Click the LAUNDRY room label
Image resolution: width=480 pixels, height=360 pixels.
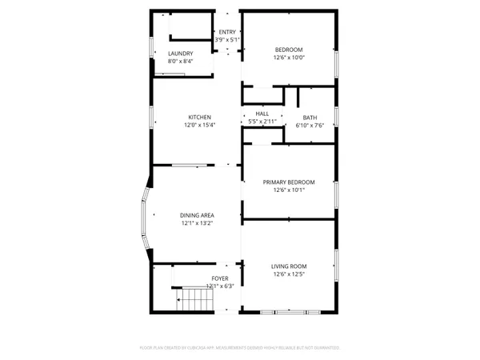(180, 54)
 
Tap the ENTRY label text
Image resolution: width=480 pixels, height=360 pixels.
(227, 32)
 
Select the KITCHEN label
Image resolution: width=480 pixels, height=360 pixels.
(199, 118)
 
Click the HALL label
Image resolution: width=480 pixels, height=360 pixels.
(262, 114)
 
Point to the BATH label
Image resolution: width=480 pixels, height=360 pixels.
(310, 118)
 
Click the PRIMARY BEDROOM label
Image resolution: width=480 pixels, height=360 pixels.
(289, 182)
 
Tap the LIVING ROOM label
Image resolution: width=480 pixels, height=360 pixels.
(289, 266)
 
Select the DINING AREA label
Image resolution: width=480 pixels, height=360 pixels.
(197, 215)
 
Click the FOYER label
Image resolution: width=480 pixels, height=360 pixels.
(220, 278)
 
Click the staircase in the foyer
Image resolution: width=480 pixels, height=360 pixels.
(196, 301)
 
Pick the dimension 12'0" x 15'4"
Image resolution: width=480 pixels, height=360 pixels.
(199, 126)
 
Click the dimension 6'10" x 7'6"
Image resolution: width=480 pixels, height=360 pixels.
(310, 126)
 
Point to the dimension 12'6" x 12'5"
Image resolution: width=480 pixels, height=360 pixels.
(289, 275)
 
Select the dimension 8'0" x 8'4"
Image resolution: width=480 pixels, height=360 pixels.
(180, 62)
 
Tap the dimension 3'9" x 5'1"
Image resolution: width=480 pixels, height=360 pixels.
(227, 40)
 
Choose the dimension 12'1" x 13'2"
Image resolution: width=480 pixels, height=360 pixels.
(197, 224)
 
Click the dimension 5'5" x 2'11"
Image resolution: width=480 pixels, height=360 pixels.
(262, 122)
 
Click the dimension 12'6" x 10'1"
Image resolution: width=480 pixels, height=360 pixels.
(289, 190)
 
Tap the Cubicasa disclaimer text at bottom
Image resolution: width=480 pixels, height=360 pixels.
(240, 348)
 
